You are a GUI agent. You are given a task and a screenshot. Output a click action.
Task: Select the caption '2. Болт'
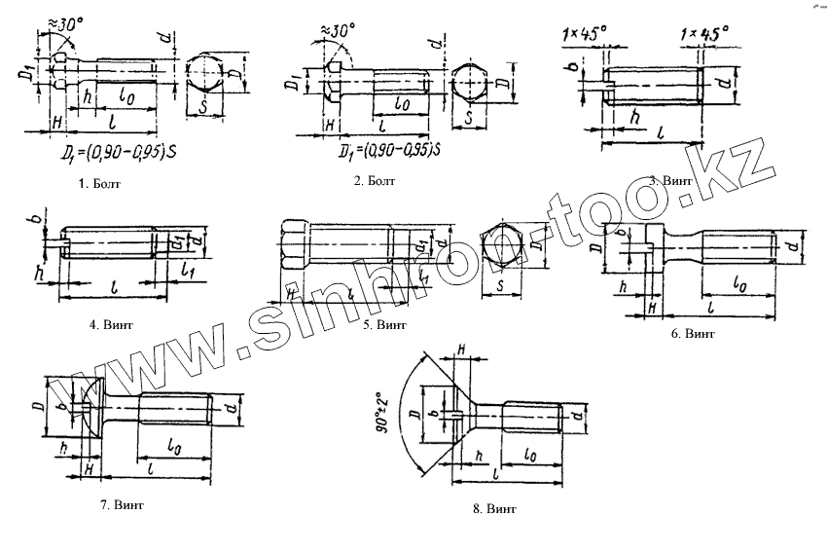click(x=373, y=180)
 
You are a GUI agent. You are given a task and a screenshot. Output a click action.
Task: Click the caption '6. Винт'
click(x=693, y=333)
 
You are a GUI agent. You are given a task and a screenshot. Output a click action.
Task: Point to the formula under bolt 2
click(x=387, y=151)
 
